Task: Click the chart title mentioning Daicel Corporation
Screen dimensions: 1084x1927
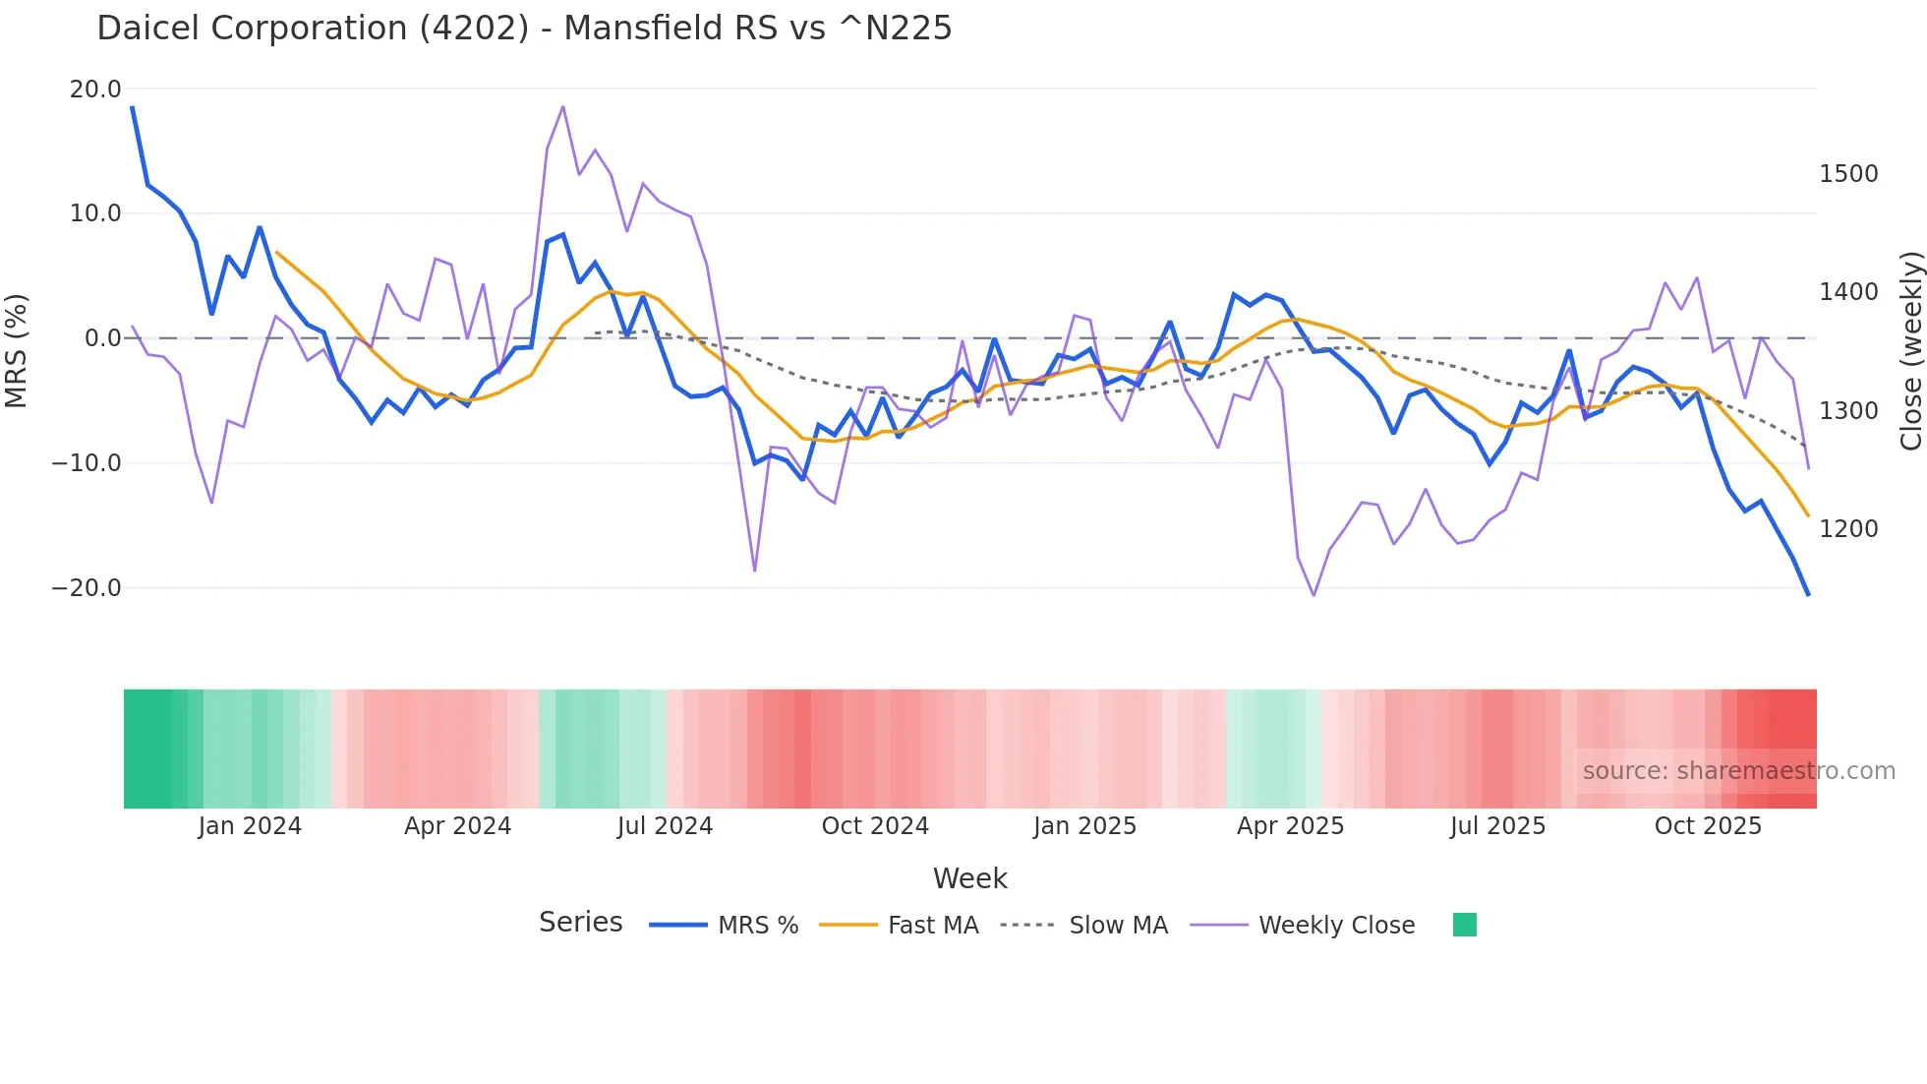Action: point(524,29)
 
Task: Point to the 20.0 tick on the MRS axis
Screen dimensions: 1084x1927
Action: point(95,90)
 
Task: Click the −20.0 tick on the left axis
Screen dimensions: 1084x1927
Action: point(87,588)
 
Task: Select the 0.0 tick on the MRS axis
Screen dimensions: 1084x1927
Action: point(102,338)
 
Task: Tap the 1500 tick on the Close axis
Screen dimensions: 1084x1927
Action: point(1848,174)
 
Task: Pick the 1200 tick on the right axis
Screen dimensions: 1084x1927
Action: point(1848,529)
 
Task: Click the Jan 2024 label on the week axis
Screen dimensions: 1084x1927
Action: point(250,826)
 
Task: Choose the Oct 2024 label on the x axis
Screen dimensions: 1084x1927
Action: point(875,826)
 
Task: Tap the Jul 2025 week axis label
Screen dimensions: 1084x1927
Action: point(1497,826)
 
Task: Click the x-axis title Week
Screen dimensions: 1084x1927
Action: point(969,878)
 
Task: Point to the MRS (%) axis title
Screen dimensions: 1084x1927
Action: point(17,350)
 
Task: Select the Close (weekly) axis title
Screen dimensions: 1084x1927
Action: point(1910,351)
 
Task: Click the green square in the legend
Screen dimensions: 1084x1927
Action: point(1464,925)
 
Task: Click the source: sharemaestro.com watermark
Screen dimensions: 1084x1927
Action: point(1738,771)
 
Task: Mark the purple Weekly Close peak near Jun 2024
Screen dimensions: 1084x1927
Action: point(562,106)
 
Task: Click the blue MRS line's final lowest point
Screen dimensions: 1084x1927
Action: point(1807,594)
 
